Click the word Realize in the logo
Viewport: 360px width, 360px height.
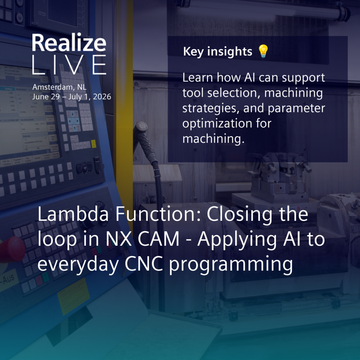[69, 43]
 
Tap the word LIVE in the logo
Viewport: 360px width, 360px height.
[69, 65]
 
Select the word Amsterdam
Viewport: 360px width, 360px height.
[53, 87]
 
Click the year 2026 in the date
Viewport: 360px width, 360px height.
[102, 97]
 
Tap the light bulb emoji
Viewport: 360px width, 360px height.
[263, 51]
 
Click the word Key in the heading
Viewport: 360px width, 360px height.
[193, 52]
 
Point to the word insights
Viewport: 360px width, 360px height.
[230, 51]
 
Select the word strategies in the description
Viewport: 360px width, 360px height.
[211, 108]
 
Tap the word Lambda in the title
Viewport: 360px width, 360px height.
[73, 214]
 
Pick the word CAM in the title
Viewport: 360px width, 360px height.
[159, 239]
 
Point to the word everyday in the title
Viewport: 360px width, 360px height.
[78, 265]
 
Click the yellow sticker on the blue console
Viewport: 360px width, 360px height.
[73, 296]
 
